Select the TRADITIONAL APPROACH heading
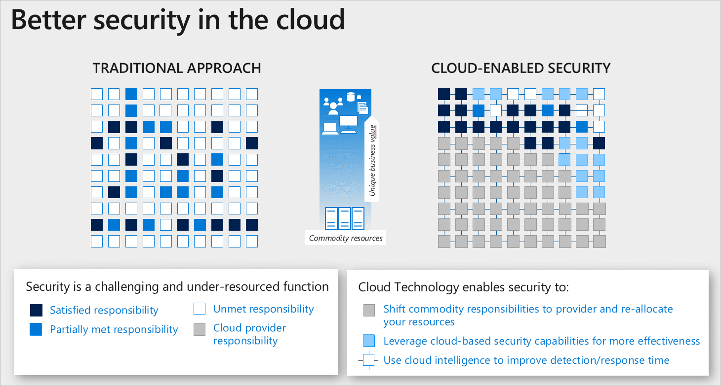click(x=177, y=68)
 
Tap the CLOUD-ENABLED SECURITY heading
click(x=521, y=68)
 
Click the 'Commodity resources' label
click(x=346, y=238)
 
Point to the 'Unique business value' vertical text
click(x=373, y=160)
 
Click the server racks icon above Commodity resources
click(x=345, y=218)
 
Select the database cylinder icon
click(x=351, y=97)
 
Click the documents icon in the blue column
click(x=363, y=108)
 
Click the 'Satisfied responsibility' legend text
click(x=104, y=310)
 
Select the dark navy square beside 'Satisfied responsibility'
click(x=36, y=310)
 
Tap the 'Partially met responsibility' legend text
click(x=114, y=329)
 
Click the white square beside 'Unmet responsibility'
click(x=200, y=309)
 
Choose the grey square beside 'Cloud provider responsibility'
click(x=200, y=330)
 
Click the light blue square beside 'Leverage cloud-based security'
click(x=369, y=341)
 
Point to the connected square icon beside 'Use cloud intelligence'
click(x=369, y=360)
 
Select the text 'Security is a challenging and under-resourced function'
click(x=177, y=286)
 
